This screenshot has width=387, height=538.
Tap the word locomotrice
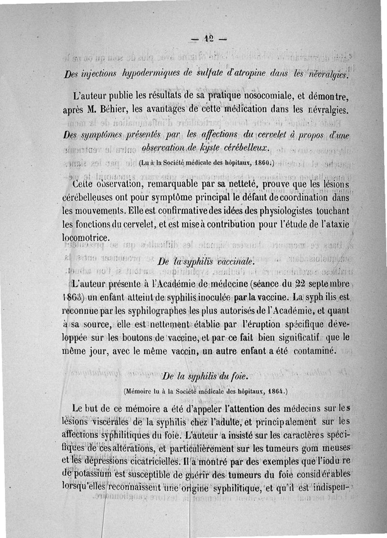pyautogui.click(x=86, y=238)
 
